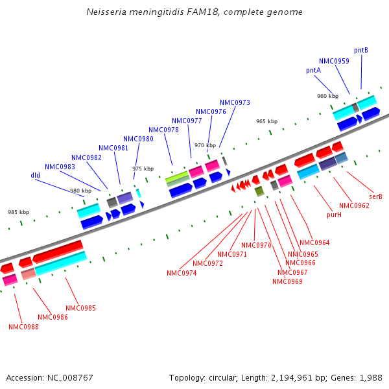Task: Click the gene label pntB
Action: tap(361, 50)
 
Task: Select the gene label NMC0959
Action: tap(334, 61)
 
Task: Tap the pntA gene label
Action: tap(313, 70)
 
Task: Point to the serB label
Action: tap(375, 196)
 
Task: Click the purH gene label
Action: tap(334, 214)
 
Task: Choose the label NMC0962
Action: tap(354, 206)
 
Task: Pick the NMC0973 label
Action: tap(235, 102)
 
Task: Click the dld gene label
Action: tap(36, 175)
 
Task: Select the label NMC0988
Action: tap(23, 327)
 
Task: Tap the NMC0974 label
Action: tap(182, 273)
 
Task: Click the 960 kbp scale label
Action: tap(327, 96)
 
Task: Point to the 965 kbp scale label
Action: tap(266, 121)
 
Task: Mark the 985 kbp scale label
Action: tap(18, 212)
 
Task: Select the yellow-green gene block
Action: tap(177, 176)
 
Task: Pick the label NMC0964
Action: tap(314, 242)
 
